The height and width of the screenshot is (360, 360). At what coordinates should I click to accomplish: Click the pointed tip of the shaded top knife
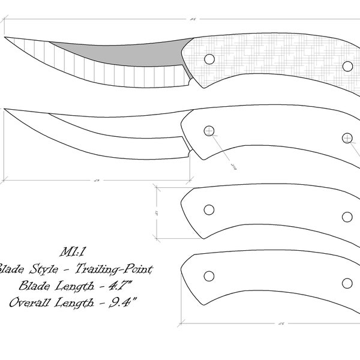[6, 38]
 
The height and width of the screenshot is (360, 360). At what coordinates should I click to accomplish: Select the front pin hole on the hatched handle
[209, 59]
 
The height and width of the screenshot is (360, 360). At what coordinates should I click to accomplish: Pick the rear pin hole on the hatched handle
[347, 65]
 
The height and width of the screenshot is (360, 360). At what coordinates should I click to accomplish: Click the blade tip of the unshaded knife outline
[6, 110]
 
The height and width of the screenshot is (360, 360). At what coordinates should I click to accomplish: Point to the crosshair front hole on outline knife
[209, 131]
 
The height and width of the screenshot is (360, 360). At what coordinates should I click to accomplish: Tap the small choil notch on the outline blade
[190, 152]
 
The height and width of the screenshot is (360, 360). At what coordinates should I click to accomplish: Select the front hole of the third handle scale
[209, 209]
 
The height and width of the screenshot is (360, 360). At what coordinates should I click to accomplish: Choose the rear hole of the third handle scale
[347, 217]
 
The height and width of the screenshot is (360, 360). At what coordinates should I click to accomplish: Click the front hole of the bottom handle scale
[209, 275]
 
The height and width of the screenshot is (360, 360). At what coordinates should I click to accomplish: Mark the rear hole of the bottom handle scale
[347, 283]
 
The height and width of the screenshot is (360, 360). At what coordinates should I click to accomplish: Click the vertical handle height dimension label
[155, 212]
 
